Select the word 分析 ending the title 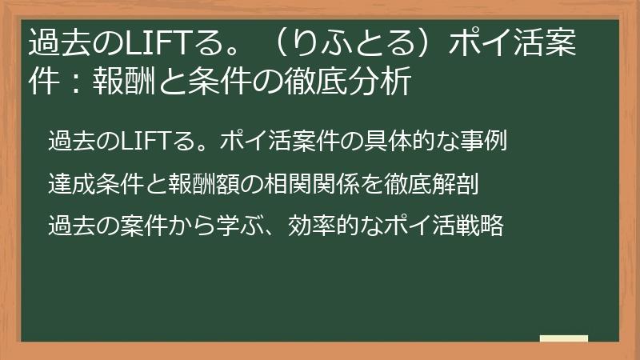click(384, 82)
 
